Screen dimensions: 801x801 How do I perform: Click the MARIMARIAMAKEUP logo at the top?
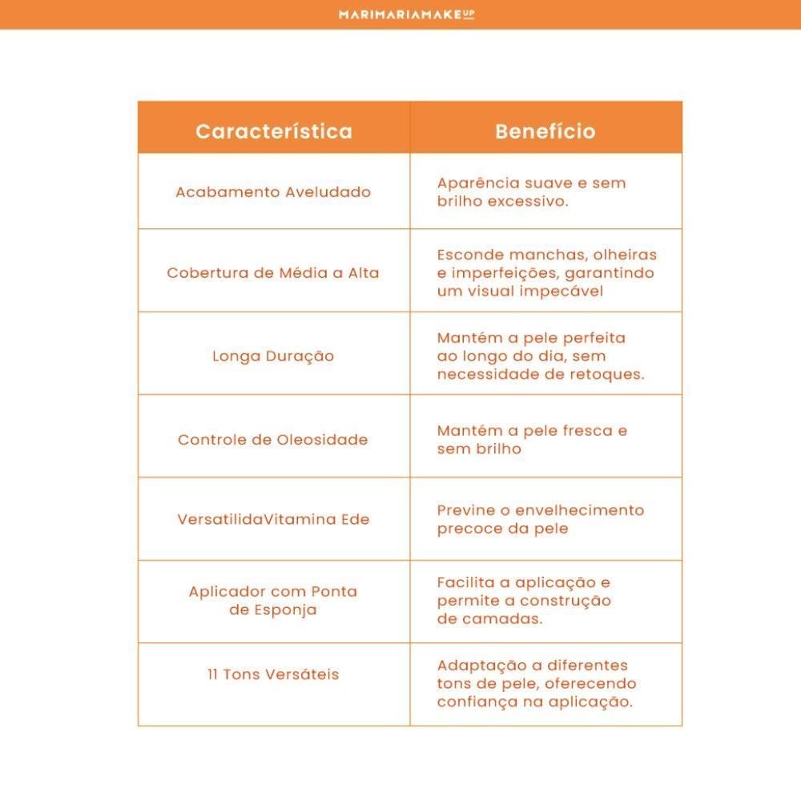pos(406,14)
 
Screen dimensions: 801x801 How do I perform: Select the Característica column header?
pos(274,131)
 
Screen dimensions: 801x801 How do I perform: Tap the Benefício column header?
pos(545,131)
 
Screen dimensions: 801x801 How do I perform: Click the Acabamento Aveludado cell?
pos(273,192)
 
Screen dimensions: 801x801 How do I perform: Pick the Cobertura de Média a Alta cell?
pos(273,273)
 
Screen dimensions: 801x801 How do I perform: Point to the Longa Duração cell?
pos(273,356)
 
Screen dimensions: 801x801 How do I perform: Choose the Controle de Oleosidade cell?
pos(273,440)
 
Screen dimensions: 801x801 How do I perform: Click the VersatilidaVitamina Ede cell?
pos(273,519)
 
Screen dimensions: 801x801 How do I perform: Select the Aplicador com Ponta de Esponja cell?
pos(273,601)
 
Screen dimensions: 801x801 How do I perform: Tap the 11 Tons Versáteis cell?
pos(273,674)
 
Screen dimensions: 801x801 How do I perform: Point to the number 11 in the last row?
pos(213,674)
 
